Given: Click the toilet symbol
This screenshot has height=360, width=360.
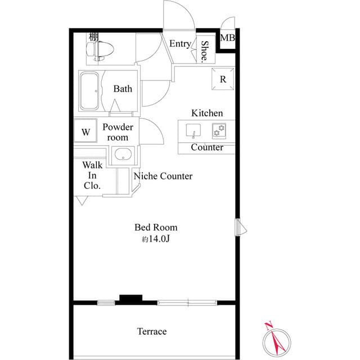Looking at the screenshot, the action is [x=100, y=51].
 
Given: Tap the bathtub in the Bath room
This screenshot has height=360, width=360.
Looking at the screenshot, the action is [x=89, y=91].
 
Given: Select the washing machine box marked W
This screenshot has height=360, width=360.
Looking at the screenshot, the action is [x=85, y=130].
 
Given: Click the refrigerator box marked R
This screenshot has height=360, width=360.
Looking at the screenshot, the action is [x=223, y=79].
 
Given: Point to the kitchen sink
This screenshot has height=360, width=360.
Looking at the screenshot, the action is [x=193, y=131].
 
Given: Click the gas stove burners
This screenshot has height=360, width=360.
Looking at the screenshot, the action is [x=219, y=131].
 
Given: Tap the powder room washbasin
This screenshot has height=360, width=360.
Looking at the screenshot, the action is [x=123, y=154].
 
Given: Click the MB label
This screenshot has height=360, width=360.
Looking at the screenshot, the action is [x=227, y=38].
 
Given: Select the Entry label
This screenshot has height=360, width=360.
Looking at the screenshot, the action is [x=180, y=44].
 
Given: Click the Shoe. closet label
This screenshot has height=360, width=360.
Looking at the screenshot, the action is [x=204, y=52].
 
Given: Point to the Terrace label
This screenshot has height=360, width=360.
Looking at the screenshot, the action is [x=152, y=331].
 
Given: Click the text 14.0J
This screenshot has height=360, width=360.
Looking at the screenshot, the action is [x=159, y=239].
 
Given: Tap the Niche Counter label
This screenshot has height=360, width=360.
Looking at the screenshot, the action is [x=163, y=176].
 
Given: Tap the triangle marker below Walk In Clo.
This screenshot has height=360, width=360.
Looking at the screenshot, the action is [x=82, y=200].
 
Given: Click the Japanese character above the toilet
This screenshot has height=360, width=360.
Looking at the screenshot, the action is [x=94, y=37].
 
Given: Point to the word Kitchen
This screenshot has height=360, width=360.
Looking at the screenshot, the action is [x=207, y=113].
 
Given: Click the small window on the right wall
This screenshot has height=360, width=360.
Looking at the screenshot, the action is [x=240, y=227].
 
